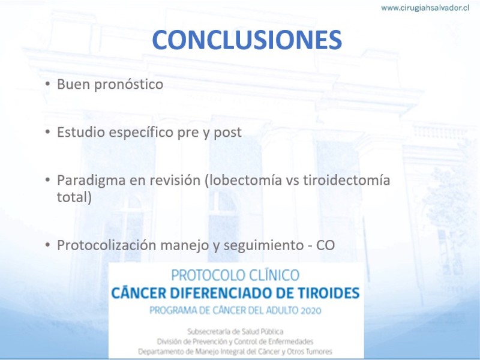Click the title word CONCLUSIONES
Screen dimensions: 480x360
(x=247, y=40)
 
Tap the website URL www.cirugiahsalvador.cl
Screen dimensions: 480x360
(x=425, y=8)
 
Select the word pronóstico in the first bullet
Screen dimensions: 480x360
(x=128, y=85)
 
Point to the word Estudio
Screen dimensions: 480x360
(x=81, y=132)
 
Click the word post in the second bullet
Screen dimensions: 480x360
(x=228, y=133)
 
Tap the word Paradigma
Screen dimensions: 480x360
(x=91, y=181)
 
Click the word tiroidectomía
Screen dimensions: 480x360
(x=347, y=179)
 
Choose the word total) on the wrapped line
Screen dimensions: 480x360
(x=74, y=197)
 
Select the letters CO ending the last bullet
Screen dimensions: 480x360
(x=325, y=245)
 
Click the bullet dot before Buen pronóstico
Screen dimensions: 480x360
(x=47, y=83)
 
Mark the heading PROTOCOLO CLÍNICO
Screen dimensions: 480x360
(x=235, y=275)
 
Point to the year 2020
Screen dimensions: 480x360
(x=310, y=311)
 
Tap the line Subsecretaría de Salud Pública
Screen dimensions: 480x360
(x=235, y=332)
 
